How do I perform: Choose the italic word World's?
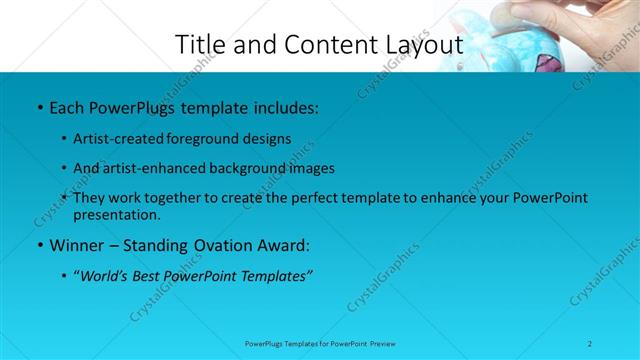click(104, 277)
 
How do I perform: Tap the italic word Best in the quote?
click(151, 277)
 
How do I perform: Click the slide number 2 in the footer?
click(590, 343)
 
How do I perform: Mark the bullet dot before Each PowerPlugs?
click(38, 106)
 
